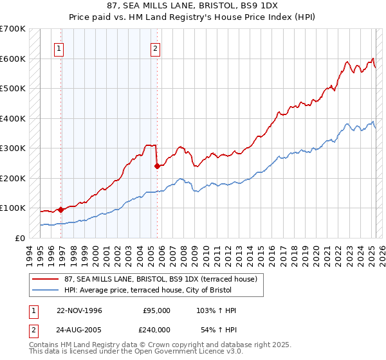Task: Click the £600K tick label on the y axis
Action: (x=13, y=59)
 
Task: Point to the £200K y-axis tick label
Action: (x=13, y=178)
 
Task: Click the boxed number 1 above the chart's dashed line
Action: (x=59, y=48)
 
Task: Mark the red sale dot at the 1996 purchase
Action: (x=61, y=209)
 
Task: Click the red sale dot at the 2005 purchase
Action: (x=156, y=166)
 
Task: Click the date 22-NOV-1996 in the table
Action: (x=79, y=310)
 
